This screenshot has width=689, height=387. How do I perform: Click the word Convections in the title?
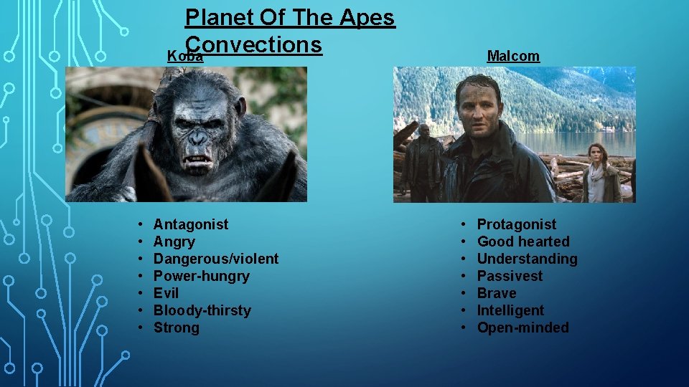tap(253, 44)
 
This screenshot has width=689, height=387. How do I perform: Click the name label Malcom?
tap(513, 56)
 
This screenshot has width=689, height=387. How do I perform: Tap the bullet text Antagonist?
tap(191, 224)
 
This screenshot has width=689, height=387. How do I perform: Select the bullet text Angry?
tap(174, 242)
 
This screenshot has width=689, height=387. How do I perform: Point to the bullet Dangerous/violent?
tap(216, 259)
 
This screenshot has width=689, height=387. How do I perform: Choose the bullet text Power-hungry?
tap(202, 276)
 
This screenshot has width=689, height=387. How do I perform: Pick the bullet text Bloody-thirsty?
tap(202, 310)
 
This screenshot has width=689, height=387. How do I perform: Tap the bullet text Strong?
tap(177, 328)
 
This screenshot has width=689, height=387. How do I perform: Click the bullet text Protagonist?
tap(517, 224)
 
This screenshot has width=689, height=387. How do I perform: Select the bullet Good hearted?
tap(523, 242)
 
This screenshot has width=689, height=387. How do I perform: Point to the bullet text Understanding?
tap(527, 259)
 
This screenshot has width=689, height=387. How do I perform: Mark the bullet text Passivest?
tap(510, 276)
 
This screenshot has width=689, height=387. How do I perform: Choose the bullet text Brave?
tap(497, 293)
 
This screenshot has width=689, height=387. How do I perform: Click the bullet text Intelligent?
tap(510, 310)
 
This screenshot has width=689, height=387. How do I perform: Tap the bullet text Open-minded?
tap(522, 328)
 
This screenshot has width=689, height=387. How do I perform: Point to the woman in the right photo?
tap(601, 176)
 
